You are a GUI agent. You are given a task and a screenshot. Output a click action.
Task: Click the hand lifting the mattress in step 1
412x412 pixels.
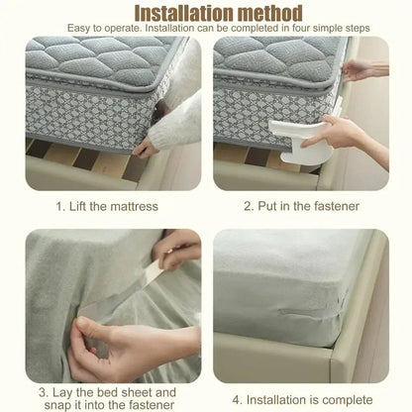pos(158,139)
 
